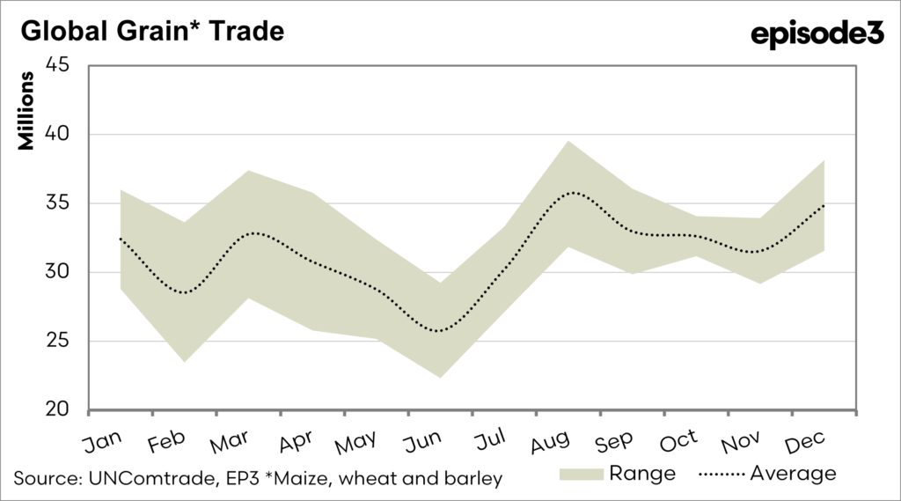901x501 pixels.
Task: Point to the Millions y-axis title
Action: click(x=28, y=113)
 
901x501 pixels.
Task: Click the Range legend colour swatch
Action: click(x=582, y=474)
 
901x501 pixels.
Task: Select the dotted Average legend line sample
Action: click(x=721, y=474)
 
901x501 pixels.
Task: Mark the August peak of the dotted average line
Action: click(x=574, y=192)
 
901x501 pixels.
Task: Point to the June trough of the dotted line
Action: click(x=437, y=331)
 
